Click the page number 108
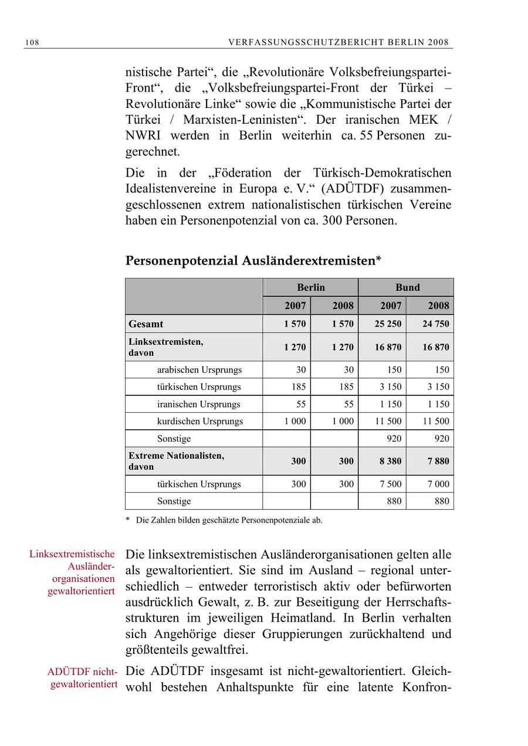(32, 42)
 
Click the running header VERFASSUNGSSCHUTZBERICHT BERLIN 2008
(339, 42)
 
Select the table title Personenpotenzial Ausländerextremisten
(253, 261)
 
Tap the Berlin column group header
(310, 287)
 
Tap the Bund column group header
(407, 287)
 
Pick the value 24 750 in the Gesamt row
(436, 324)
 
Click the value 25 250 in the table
(388, 324)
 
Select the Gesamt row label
(146, 324)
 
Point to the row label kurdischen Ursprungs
(199, 421)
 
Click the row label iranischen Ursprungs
(198, 404)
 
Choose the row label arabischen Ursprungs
(199, 370)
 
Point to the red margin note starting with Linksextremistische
(73, 572)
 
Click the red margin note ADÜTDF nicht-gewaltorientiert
(83, 678)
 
